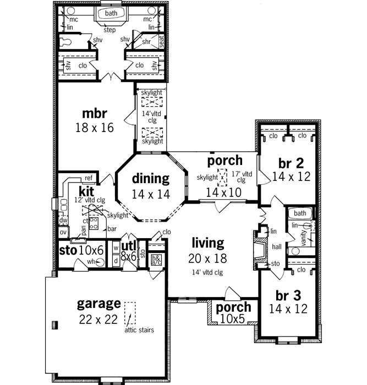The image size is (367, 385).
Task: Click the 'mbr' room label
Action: coord(94,114)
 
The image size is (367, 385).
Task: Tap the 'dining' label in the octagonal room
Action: coord(150,178)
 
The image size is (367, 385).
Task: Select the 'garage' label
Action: coord(98,303)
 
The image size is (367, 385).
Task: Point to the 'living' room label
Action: coord(207,243)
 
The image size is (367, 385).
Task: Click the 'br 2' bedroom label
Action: coord(291,163)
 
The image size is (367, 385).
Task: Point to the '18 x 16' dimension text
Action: coord(94,128)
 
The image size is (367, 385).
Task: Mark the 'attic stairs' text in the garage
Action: coord(139,330)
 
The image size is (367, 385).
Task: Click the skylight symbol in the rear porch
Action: coord(223,177)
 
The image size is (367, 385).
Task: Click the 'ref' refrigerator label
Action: coord(88,178)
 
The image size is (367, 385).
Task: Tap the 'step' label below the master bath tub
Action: coord(109,30)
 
